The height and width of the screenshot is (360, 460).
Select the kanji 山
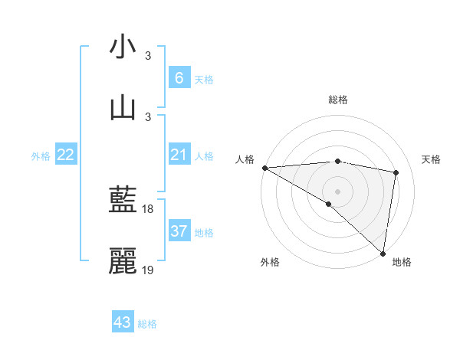(x=123, y=107)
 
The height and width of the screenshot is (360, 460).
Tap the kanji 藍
(x=123, y=201)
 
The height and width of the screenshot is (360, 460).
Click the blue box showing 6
(x=179, y=78)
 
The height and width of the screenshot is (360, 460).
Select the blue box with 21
(x=179, y=155)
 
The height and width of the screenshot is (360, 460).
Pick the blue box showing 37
(x=179, y=231)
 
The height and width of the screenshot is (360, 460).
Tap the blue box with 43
(x=123, y=322)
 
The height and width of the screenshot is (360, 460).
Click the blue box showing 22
(x=66, y=155)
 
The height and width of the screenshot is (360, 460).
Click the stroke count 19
(x=149, y=270)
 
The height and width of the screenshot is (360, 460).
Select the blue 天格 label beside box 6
(x=204, y=79)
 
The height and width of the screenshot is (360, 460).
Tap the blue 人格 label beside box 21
(x=204, y=156)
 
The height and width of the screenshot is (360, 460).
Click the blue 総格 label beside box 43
(x=148, y=323)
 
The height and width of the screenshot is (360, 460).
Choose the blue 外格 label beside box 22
(x=41, y=156)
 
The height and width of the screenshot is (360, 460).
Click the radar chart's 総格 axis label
(x=337, y=100)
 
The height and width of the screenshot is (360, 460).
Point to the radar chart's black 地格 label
(x=402, y=262)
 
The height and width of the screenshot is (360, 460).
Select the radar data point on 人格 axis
(x=264, y=167)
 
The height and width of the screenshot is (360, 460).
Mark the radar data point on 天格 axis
(x=396, y=172)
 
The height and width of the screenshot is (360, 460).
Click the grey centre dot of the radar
(x=337, y=191)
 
